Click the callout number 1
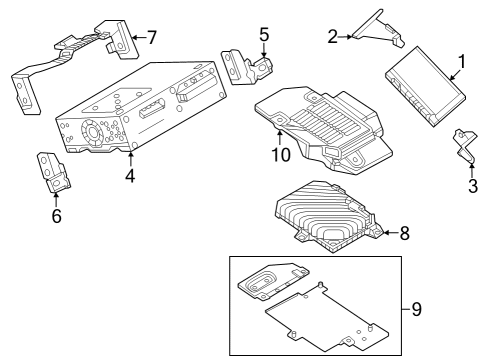[462, 62]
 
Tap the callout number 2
[332, 37]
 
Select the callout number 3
[473, 186]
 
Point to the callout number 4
[130, 175]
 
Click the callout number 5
[264, 35]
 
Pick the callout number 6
[56, 216]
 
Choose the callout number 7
[152, 37]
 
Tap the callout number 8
[404, 233]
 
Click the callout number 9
[416, 309]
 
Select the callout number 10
[281, 154]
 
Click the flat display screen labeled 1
[426, 86]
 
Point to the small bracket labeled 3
[465, 147]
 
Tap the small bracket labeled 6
[53, 172]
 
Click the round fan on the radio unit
[92, 133]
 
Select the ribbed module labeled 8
[328, 217]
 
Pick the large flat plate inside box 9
[327, 318]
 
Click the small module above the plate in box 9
[273, 281]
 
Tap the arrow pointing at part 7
[139, 37]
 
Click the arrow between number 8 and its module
[391, 233]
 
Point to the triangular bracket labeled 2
[377, 33]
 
